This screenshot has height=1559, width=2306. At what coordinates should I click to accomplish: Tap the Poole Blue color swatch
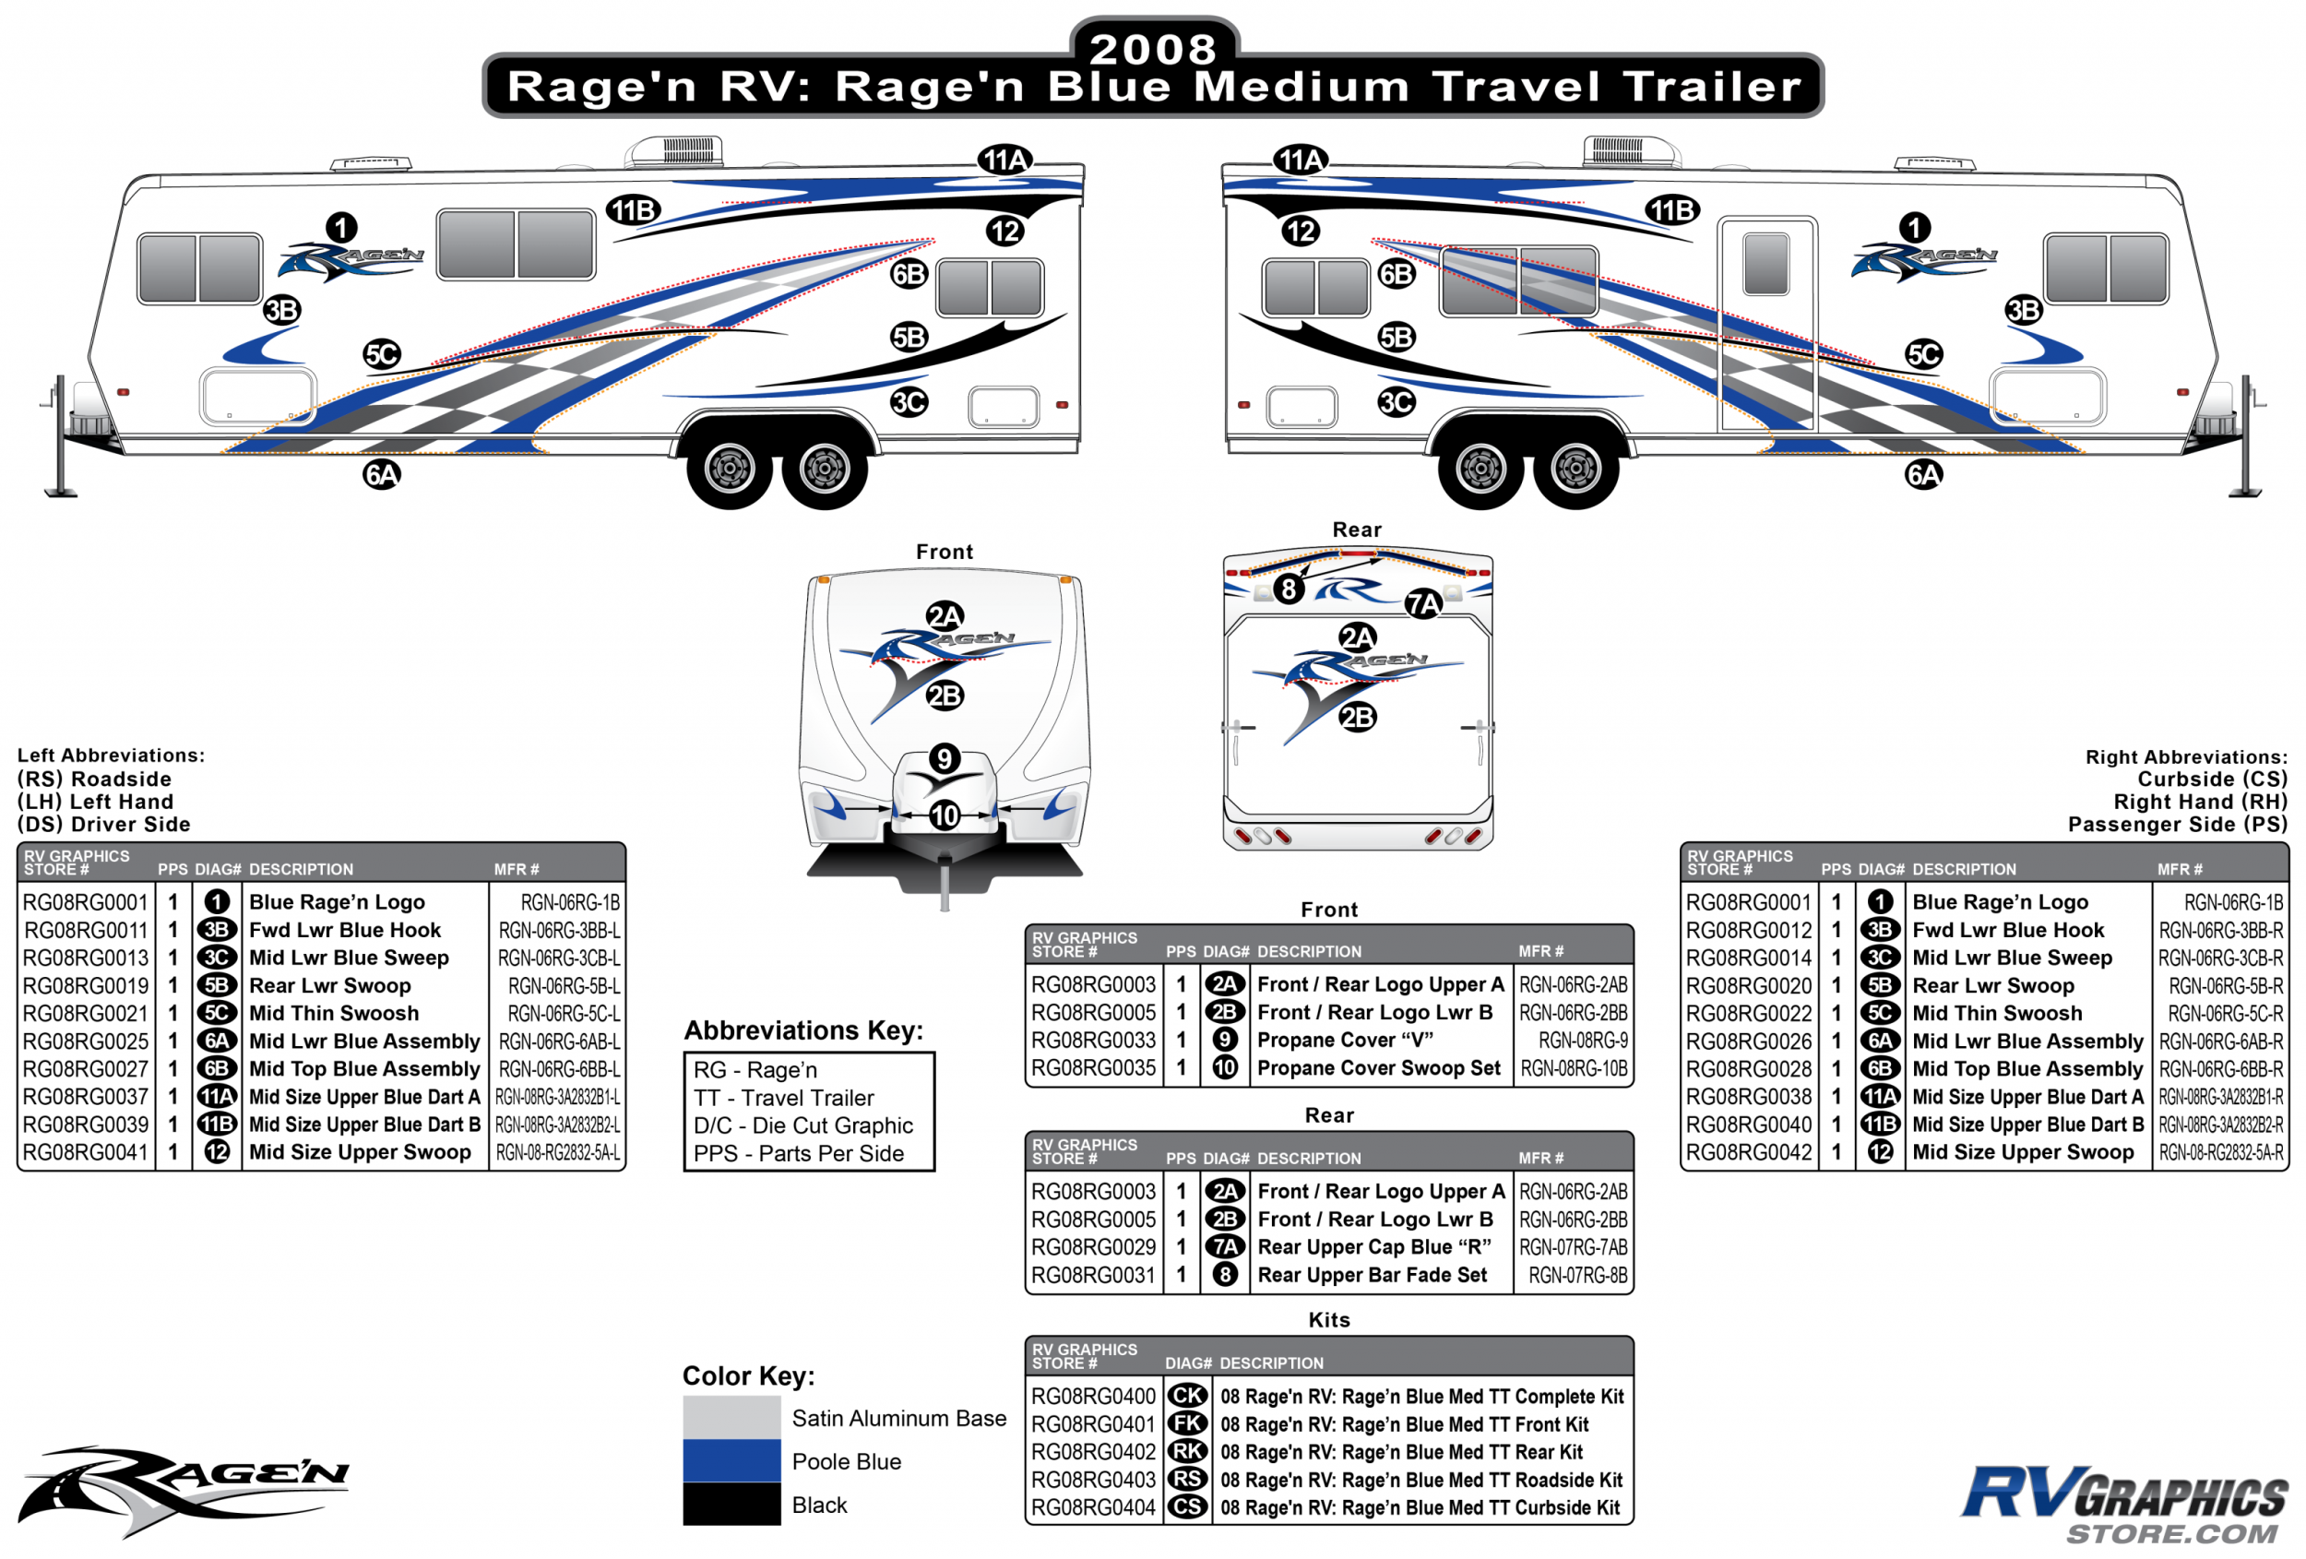[x=731, y=1461]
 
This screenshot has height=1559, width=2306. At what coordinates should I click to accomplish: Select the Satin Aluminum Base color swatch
[x=731, y=1417]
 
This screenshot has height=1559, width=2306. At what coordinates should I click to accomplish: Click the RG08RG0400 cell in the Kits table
[x=1092, y=1397]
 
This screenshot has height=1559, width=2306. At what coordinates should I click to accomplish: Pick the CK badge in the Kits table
[x=1187, y=1397]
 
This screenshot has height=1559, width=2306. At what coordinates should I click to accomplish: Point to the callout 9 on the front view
[x=944, y=759]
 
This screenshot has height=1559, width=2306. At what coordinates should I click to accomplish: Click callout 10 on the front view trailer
[x=944, y=815]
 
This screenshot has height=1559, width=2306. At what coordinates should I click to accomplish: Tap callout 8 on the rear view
[x=1288, y=589]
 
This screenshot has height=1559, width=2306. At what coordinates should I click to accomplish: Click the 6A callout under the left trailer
[x=381, y=474]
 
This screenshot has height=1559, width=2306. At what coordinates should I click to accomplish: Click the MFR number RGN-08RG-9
[x=1583, y=1040]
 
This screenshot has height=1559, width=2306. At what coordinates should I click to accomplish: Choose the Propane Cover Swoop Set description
[x=1378, y=1068]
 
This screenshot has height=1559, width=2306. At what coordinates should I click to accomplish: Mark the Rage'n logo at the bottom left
[x=184, y=1489]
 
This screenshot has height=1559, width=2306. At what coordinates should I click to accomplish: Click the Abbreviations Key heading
[x=802, y=1030]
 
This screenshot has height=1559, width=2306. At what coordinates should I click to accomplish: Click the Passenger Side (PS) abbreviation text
[x=2177, y=824]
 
